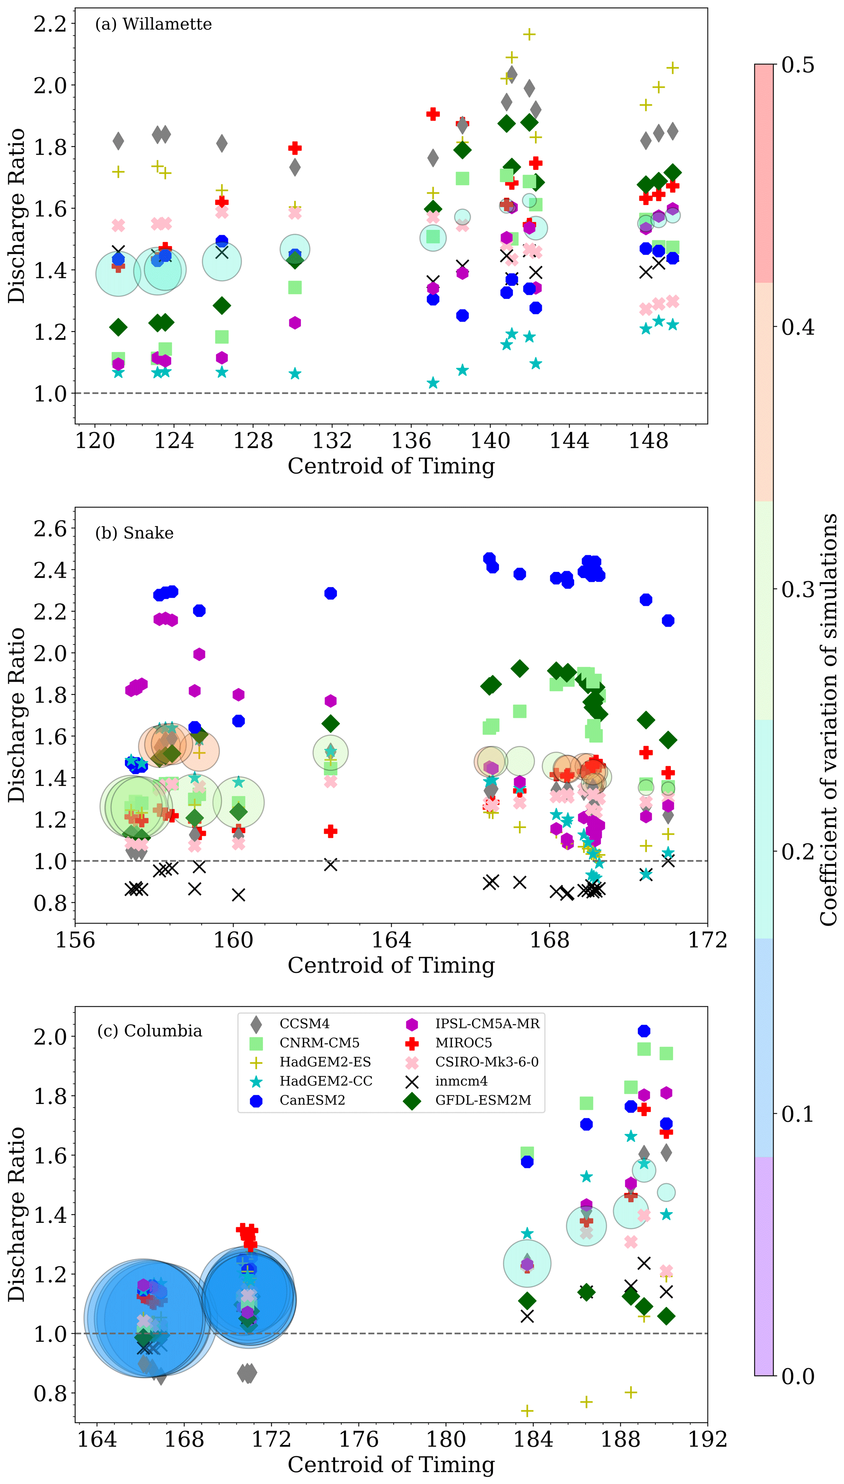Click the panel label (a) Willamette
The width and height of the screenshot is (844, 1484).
click(154, 24)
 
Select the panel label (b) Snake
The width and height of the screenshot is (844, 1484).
click(134, 533)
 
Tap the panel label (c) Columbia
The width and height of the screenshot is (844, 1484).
click(149, 1031)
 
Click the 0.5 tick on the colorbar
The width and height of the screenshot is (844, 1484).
click(797, 65)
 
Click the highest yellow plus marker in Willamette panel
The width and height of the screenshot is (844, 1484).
click(529, 35)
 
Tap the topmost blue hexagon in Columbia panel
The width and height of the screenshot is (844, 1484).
click(644, 1031)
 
